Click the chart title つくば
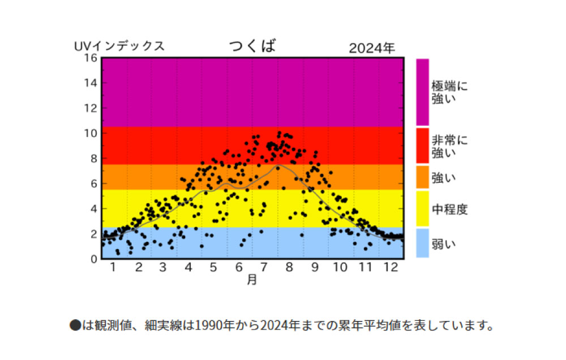point(252,45)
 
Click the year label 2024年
point(372,48)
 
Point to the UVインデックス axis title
point(119,46)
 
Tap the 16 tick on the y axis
point(91,58)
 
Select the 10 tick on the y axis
point(91,133)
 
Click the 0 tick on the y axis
point(94,259)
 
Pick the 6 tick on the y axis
point(94,183)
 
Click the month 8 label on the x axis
point(289,267)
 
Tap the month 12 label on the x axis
point(391,267)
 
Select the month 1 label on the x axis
point(113,267)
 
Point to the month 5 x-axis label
point(213,267)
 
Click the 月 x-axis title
point(252,279)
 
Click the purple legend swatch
point(422,92)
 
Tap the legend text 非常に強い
point(449,146)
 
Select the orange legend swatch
point(422,177)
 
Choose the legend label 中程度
point(450,209)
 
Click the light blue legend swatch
point(422,243)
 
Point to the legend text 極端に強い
point(449,92)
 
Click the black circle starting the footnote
point(75,325)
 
